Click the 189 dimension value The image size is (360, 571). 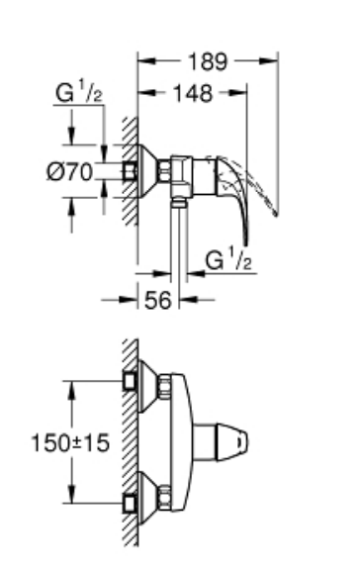click(208, 61)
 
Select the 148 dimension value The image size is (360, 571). click(193, 93)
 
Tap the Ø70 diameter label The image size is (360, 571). click(70, 171)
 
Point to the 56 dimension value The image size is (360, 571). click(157, 301)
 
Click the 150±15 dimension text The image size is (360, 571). click(70, 442)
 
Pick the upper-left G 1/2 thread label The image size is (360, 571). click(78, 92)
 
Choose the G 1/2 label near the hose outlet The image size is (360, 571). click(228, 259)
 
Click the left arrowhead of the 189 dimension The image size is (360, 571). click(146, 60)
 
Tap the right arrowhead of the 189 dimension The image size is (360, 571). click(269, 60)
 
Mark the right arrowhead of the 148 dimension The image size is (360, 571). click(237, 93)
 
